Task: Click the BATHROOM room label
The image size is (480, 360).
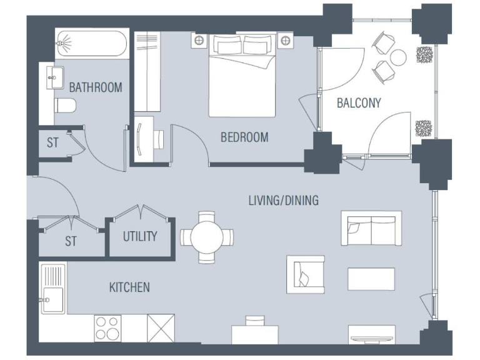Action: click(96, 87)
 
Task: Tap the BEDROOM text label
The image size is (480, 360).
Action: click(244, 137)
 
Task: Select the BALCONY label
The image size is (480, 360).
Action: click(359, 103)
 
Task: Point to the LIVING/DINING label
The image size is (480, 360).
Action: click(283, 201)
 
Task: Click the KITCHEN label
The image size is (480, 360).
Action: click(129, 287)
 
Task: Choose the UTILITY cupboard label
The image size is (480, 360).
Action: click(139, 237)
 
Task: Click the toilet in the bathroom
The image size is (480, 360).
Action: click(65, 105)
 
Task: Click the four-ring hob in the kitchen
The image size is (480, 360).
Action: click(107, 327)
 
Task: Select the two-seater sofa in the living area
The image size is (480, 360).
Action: click(371, 229)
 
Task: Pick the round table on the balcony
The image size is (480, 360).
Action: click(397, 57)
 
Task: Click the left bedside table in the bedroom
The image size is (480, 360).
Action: click(199, 41)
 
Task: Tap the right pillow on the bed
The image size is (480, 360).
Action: click(254, 45)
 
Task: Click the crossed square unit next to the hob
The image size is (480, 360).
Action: click(161, 327)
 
